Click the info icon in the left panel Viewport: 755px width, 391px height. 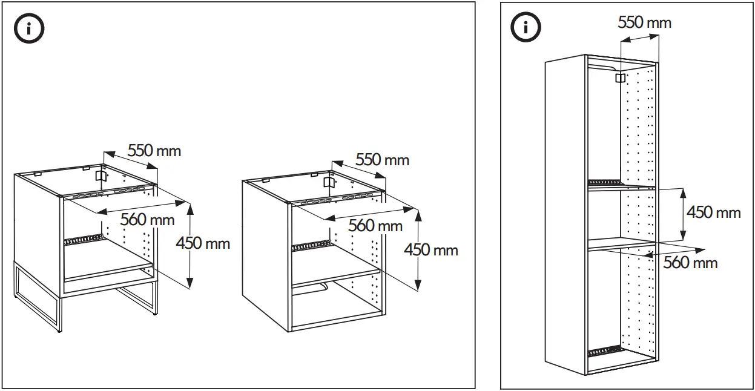(x=29, y=30)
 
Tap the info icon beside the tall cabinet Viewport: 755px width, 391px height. (x=526, y=27)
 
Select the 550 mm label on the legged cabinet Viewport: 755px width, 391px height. (x=154, y=150)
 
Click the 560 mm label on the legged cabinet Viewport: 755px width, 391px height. (x=147, y=219)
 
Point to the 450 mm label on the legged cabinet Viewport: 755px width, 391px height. (x=203, y=243)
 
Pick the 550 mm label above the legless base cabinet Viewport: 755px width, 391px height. (x=382, y=160)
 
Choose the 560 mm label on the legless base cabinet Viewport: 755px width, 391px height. (x=375, y=226)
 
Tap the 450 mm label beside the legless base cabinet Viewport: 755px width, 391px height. (x=431, y=249)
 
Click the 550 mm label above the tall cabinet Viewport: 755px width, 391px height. (x=644, y=22)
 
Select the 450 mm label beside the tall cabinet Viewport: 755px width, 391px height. (x=713, y=212)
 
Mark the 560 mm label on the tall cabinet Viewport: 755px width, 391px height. (x=690, y=262)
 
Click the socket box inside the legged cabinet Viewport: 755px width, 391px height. (x=101, y=176)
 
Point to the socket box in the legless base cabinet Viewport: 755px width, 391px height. (x=329, y=182)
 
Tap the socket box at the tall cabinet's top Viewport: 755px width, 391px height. (x=620, y=78)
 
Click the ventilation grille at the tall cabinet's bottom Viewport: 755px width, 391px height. (x=604, y=351)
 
